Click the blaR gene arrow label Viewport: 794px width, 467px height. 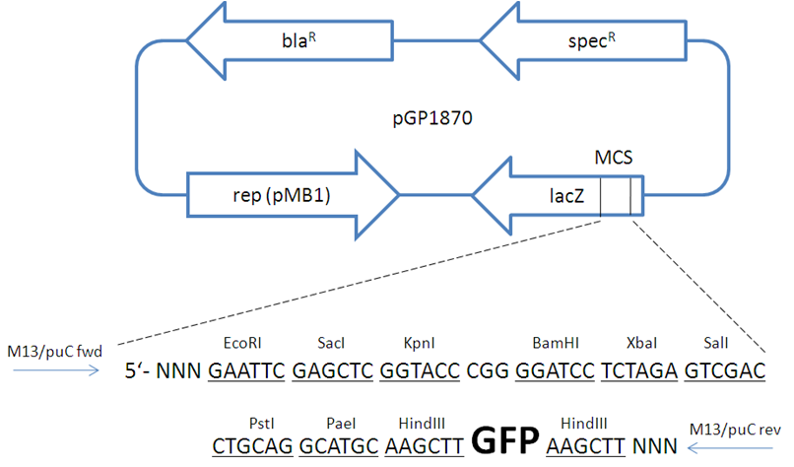coord(298,40)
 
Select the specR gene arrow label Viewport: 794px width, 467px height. coord(591,40)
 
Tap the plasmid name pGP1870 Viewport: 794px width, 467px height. coord(432,118)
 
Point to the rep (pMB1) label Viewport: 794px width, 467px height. coord(282,195)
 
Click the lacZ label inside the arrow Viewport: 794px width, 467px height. coord(566,195)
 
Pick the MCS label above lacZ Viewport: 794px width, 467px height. coord(613,158)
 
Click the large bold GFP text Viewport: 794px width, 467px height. coord(504,439)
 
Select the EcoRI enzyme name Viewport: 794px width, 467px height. coord(242,343)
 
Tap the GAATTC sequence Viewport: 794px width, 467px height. coord(246,370)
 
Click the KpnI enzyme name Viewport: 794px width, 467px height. coord(420,343)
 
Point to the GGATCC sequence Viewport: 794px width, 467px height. coord(555,370)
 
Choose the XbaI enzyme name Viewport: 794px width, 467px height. coord(641,343)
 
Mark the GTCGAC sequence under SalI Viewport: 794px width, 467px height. coord(725,370)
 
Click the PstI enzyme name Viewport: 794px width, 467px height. coord(261,423)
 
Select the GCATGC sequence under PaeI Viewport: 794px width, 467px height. coord(339,446)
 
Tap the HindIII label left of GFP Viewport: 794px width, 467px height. coord(422,423)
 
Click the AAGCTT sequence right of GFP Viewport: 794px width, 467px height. coord(585,446)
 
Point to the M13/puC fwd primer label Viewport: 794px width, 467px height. coord(55,351)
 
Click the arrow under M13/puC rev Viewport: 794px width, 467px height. coord(730,447)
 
